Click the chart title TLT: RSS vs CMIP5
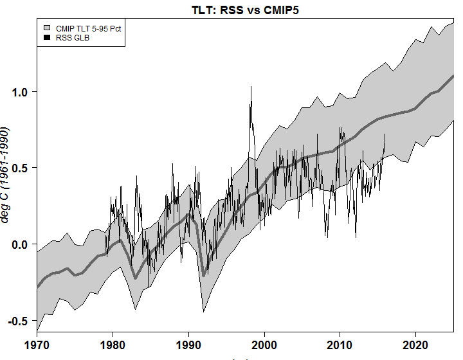[x=245, y=10]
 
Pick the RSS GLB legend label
[x=73, y=38]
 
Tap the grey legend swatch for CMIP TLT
[x=47, y=28]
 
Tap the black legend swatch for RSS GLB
[x=47, y=38]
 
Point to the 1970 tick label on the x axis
[x=37, y=345]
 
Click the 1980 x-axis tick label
[x=113, y=345]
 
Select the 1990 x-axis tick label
[x=189, y=345]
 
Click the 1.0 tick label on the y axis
[x=22, y=92]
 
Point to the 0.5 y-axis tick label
[x=22, y=168]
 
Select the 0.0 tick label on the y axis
[x=22, y=244]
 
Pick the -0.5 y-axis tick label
[x=19, y=320]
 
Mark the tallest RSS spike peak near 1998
[x=251, y=87]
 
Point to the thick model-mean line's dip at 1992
[x=204, y=275]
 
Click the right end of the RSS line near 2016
[x=385, y=134]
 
